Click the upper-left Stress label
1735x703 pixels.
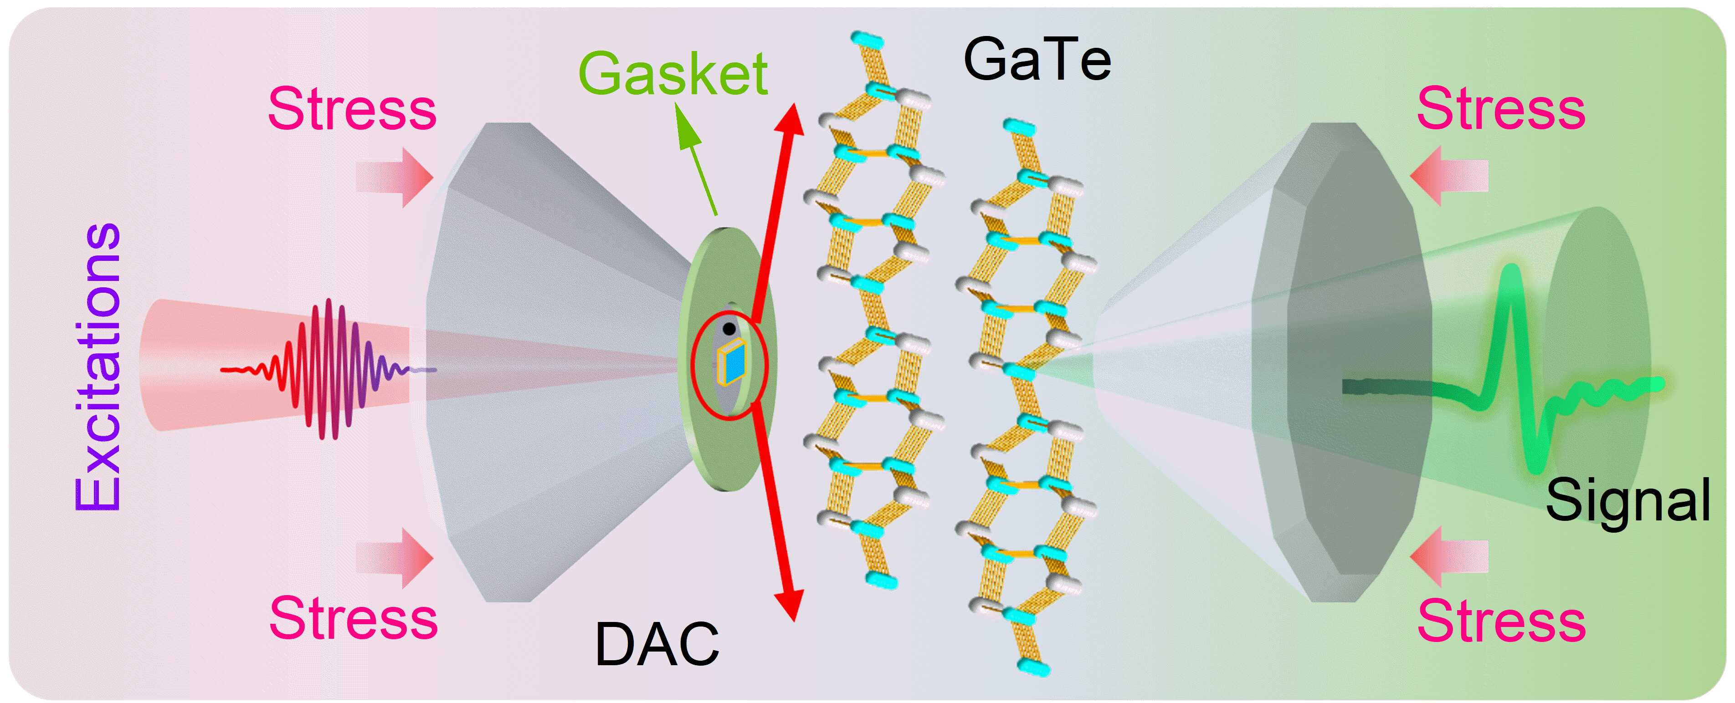352,109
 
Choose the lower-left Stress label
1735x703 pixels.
354,618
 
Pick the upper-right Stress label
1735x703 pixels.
1501,109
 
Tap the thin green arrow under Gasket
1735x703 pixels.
697,162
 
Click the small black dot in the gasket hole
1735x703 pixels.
729,329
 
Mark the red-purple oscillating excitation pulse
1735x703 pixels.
330,369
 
